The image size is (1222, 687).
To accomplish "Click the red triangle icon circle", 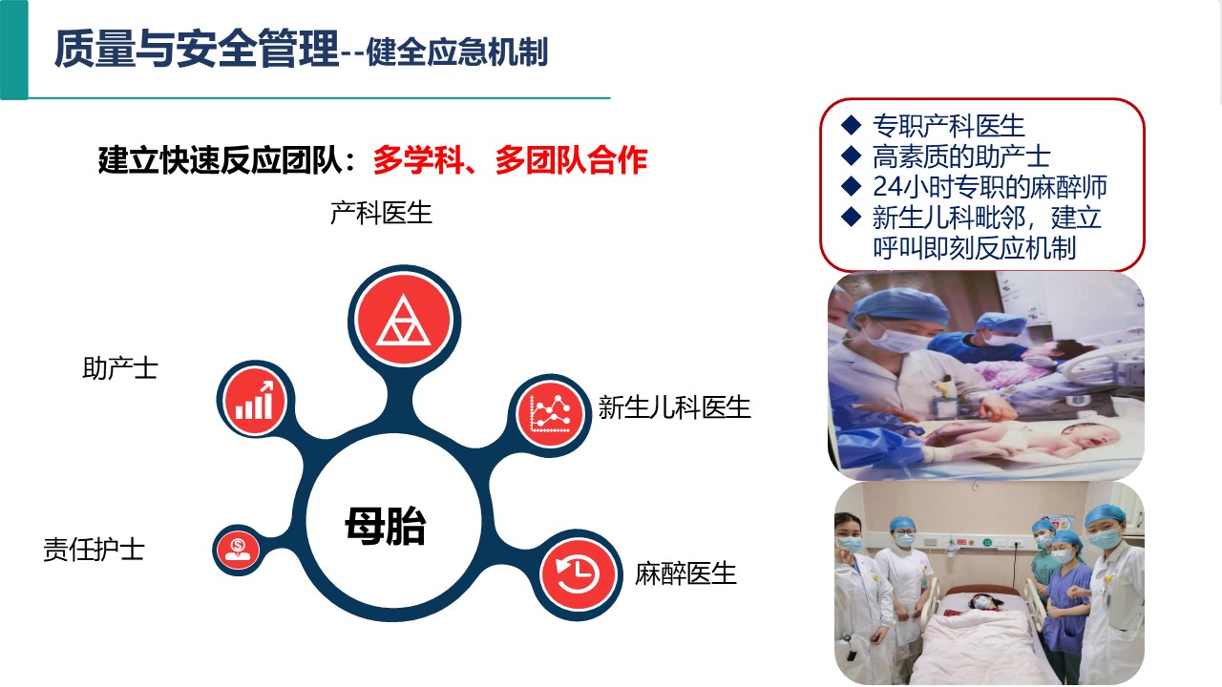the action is pos(404,320).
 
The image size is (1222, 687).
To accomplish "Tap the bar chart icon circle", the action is pos(255,401).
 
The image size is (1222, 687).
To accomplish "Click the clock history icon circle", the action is pos(579,573).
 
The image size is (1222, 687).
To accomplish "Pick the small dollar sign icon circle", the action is pos(238,551).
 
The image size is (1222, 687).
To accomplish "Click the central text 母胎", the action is pos(386,526).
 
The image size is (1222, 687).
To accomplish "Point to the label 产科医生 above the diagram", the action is pos(381,213).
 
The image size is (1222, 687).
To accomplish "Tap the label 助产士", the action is pos(120,368).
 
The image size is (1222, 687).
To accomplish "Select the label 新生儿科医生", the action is pos(674,407).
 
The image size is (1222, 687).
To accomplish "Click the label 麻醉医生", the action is pos(685,573).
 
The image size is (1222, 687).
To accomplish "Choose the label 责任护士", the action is pos(94,550).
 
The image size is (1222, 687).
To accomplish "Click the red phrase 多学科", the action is pos(418,160).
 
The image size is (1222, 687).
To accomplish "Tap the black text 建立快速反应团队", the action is pos(221,160).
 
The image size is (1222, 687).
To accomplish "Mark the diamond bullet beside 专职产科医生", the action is pos(851,125).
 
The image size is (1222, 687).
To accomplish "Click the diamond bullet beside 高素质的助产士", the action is pos(851,156).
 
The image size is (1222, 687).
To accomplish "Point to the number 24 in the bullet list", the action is pos(888,186).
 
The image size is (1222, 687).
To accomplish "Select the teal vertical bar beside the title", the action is pos(13,50).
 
